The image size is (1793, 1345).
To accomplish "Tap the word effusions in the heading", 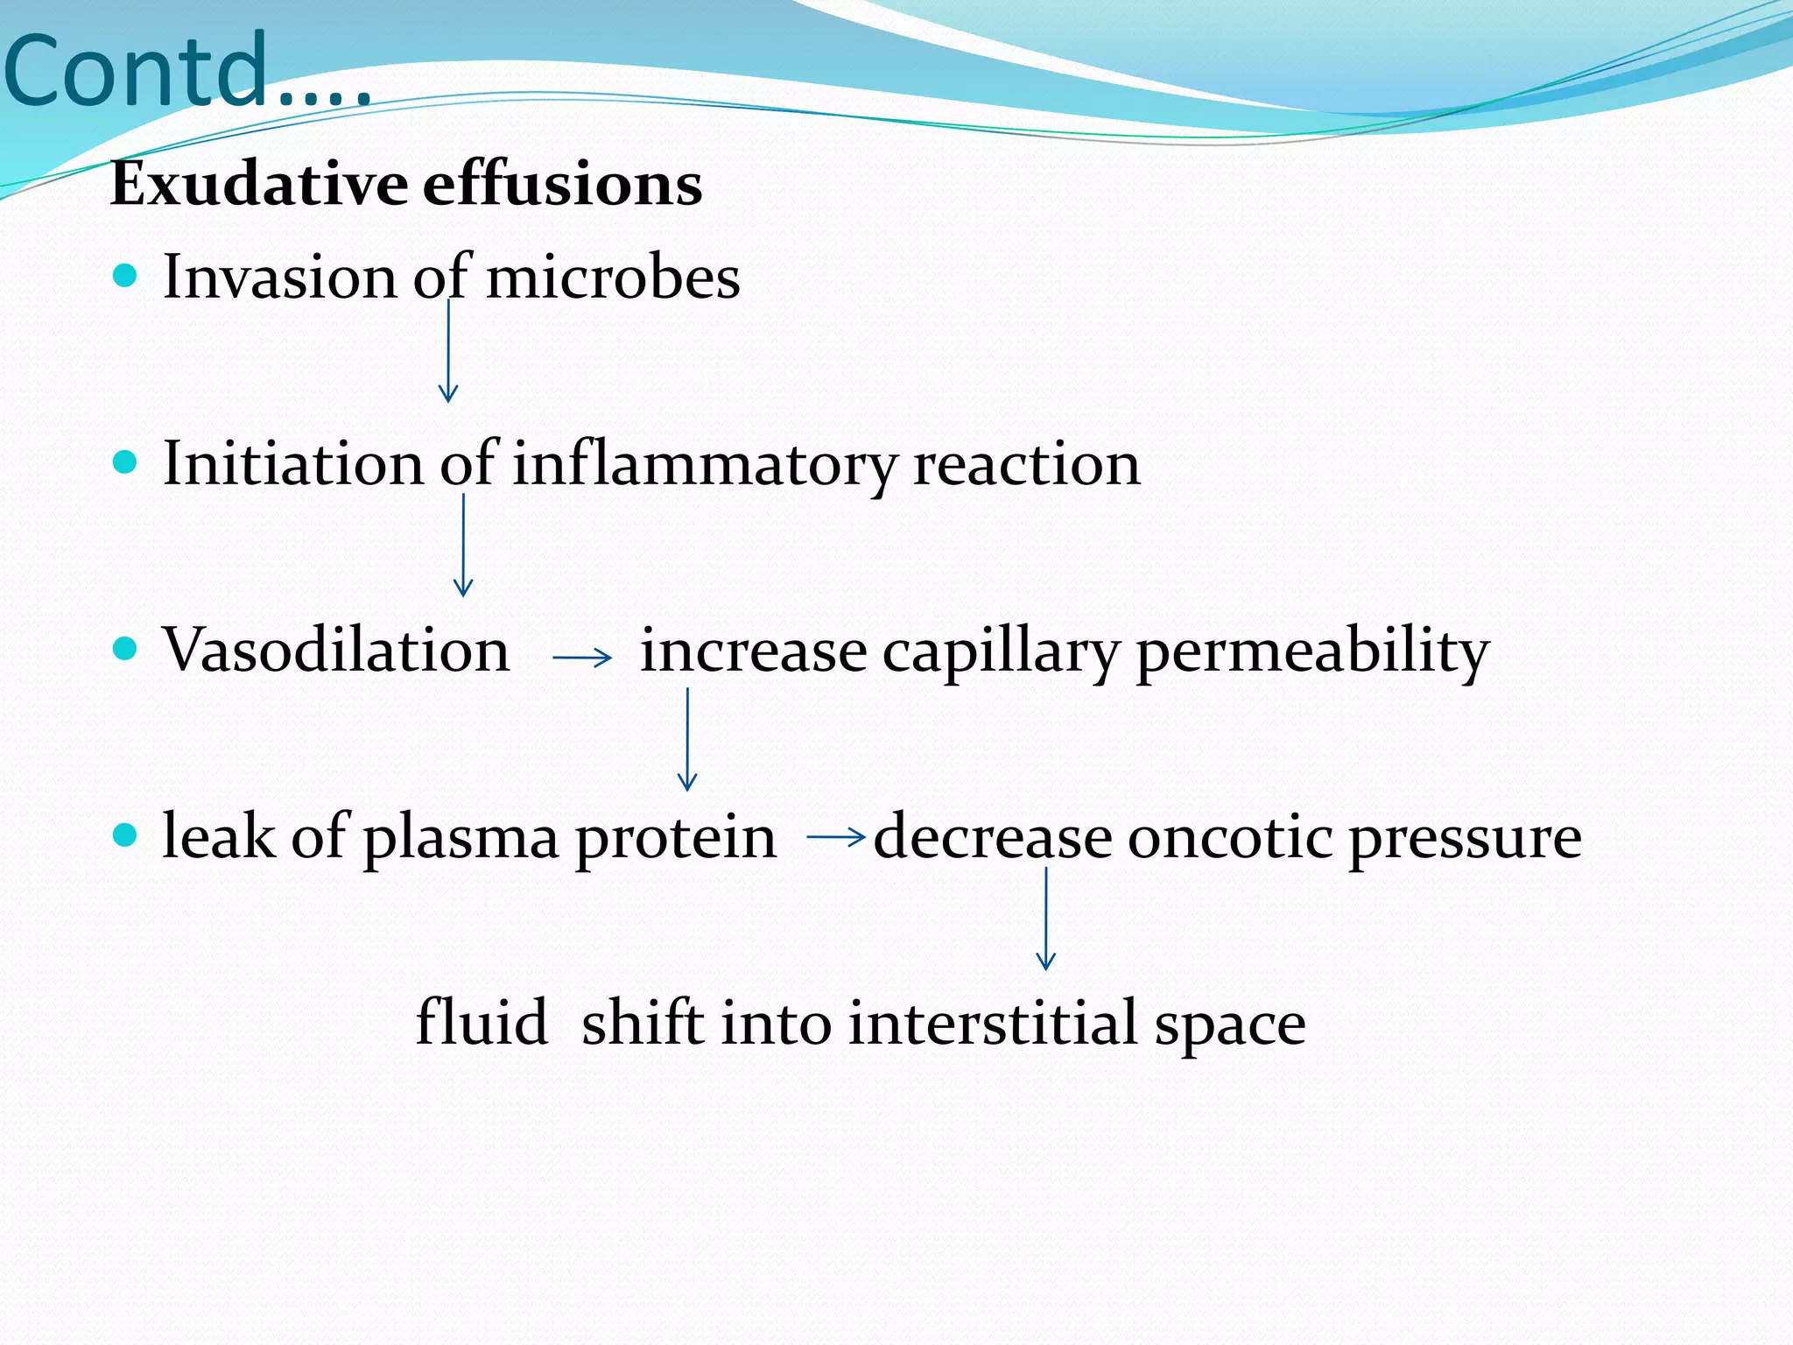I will pyautogui.click(x=562, y=185).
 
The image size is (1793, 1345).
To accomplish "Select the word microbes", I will pyautogui.click(x=613, y=278).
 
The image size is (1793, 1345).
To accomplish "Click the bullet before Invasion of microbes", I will pyautogui.click(x=126, y=277).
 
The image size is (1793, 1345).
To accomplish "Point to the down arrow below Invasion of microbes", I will pyautogui.click(x=448, y=350).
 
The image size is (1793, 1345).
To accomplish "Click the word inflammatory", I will pyautogui.click(x=704, y=464).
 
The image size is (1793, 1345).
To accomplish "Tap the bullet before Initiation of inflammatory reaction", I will pyautogui.click(x=126, y=462).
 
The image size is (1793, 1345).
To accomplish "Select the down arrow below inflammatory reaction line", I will pyautogui.click(x=463, y=545).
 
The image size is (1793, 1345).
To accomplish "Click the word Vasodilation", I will pyautogui.click(x=335, y=651).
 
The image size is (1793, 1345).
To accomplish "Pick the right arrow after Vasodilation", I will pyautogui.click(x=582, y=657).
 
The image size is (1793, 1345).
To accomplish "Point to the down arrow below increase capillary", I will pyautogui.click(x=687, y=739).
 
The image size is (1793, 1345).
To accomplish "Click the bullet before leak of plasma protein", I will pyautogui.click(x=126, y=834).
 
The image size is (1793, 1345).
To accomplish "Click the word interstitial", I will pyautogui.click(x=993, y=1023).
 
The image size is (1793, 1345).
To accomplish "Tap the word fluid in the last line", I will pyautogui.click(x=482, y=1023).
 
